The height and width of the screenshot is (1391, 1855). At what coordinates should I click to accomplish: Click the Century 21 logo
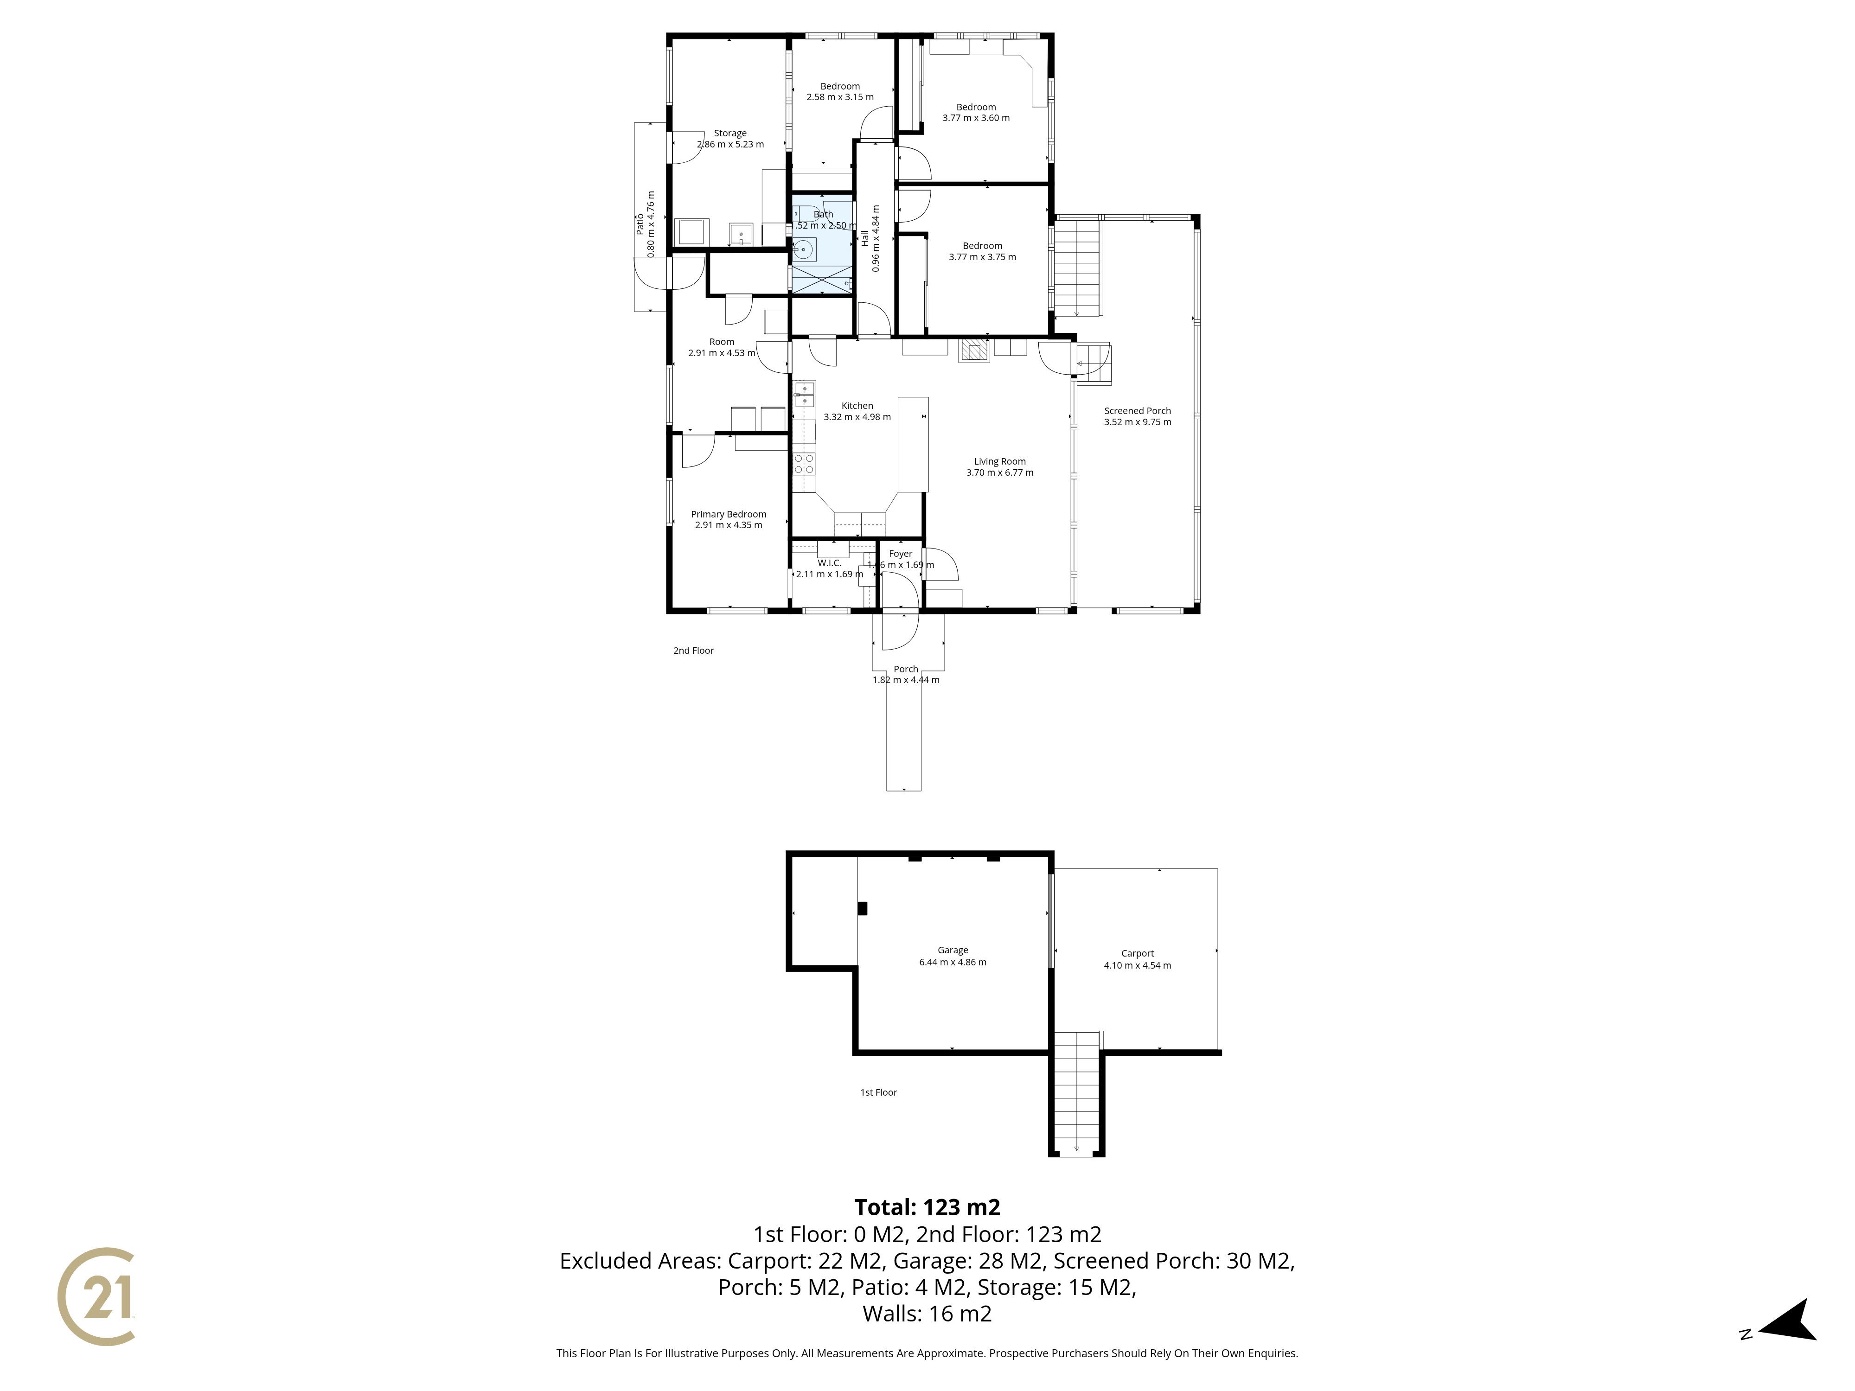(96, 1296)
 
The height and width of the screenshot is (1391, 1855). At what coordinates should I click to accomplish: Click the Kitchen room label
(857, 406)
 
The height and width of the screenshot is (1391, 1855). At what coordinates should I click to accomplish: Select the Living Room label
(1000, 461)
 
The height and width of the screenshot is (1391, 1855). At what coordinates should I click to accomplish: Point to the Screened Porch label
(1137, 411)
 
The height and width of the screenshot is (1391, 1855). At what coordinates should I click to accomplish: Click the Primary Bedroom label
(728, 514)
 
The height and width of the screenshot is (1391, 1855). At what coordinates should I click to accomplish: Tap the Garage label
(953, 950)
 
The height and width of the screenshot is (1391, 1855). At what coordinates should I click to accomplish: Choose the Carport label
(1137, 953)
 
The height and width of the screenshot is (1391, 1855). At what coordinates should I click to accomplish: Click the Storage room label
(729, 134)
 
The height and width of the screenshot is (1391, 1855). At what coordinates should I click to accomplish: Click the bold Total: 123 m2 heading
(927, 1207)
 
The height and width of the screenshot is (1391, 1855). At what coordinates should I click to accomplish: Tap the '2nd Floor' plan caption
(693, 651)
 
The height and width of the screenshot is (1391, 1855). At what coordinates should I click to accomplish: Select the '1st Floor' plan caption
(878, 1092)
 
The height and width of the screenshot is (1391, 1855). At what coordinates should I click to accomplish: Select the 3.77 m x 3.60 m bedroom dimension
(976, 118)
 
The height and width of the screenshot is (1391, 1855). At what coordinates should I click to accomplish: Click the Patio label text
(639, 224)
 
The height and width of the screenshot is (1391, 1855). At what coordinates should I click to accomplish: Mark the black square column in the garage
(862, 908)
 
